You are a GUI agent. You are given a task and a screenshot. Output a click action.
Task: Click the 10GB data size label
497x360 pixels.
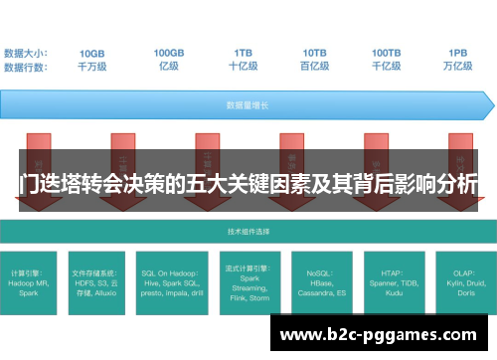pos(92,53)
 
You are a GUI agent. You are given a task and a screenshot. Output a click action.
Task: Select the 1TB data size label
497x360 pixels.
pos(244,53)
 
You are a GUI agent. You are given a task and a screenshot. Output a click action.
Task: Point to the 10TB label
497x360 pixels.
pos(315,53)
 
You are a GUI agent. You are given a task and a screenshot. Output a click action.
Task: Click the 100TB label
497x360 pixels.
pos(387,53)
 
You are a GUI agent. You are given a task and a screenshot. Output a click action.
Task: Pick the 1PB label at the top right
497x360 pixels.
pos(458,53)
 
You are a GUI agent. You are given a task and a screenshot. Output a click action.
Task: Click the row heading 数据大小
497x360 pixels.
pos(26,53)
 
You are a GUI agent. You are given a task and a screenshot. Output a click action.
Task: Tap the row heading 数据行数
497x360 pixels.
pos(26,67)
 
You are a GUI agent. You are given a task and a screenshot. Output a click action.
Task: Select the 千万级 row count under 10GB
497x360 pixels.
pos(92,67)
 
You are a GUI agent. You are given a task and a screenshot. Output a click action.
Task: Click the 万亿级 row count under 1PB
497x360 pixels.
pos(458,67)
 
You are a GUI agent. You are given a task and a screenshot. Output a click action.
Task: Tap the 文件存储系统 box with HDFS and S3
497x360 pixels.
pos(100,280)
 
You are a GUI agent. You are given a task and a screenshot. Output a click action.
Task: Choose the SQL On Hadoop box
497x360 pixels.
pos(172,280)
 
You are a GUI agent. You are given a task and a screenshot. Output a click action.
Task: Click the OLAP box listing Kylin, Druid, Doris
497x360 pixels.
pos(458,280)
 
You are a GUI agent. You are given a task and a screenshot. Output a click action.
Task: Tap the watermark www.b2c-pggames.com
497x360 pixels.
pos(382,334)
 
